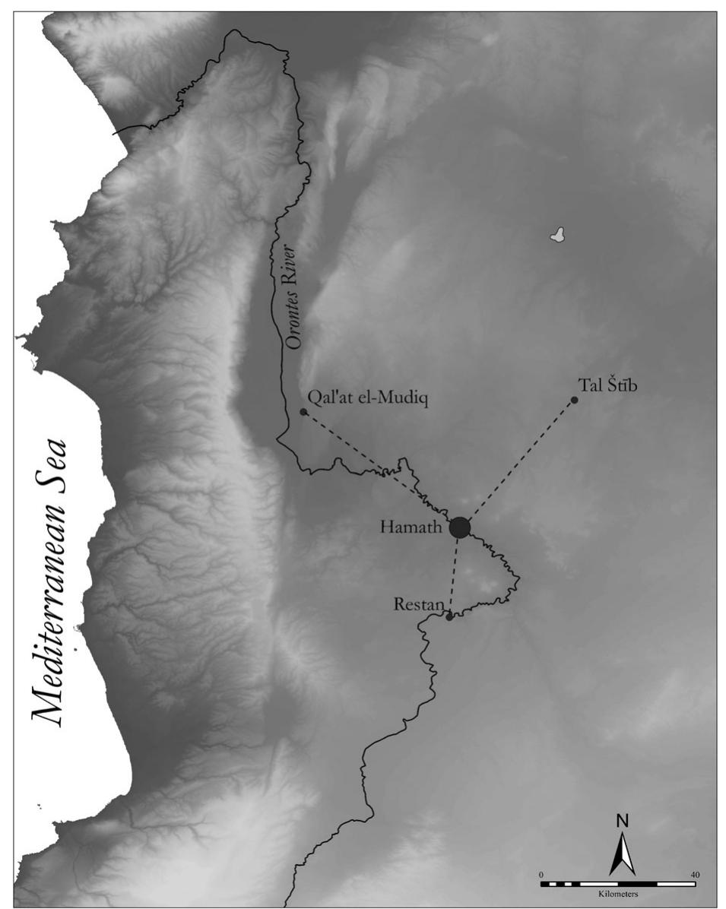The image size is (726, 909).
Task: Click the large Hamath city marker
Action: point(459,527)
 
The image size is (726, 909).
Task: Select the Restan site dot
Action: point(449,616)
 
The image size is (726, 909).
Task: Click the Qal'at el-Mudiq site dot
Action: point(303,412)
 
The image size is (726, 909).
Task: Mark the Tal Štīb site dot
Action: point(574,401)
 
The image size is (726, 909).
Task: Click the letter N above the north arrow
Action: point(622,821)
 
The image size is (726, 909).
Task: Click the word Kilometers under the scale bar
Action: point(617,895)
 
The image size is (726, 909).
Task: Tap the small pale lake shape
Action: point(560,235)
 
